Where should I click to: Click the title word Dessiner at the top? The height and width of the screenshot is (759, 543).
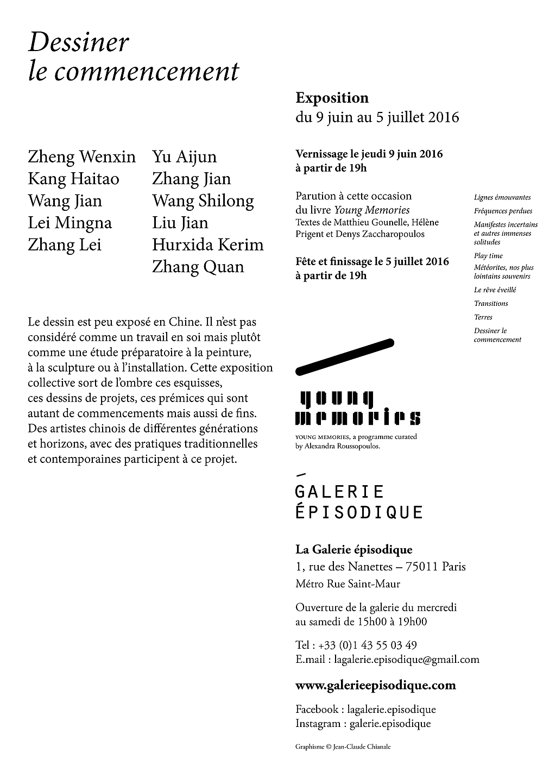tap(79, 43)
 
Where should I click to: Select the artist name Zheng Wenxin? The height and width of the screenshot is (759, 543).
tap(81, 157)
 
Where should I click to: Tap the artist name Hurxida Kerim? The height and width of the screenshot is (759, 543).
tap(207, 245)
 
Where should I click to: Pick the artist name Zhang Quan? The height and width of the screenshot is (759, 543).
tap(198, 267)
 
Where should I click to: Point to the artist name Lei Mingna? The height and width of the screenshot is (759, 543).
tap(70, 223)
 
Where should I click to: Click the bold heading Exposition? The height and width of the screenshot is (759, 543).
tap(332, 98)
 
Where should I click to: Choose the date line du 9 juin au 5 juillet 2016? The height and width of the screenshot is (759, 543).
tap(377, 117)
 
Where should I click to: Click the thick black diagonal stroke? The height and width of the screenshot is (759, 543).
tap(344, 356)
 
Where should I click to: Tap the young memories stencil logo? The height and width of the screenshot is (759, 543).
tap(358, 409)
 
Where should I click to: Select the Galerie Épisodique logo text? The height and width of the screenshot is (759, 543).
tap(358, 501)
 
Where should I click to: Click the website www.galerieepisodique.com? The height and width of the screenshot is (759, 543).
tap(375, 685)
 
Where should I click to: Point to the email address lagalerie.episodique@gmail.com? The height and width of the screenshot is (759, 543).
tap(407, 660)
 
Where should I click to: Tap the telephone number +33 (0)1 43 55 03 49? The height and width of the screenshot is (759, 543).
tap(368, 645)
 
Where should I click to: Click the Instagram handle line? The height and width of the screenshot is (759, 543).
tap(363, 724)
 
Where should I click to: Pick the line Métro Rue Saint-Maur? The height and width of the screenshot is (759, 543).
tap(348, 584)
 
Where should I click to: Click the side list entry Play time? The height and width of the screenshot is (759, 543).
tap(488, 256)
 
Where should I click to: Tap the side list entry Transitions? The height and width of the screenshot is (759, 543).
tap(491, 304)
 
